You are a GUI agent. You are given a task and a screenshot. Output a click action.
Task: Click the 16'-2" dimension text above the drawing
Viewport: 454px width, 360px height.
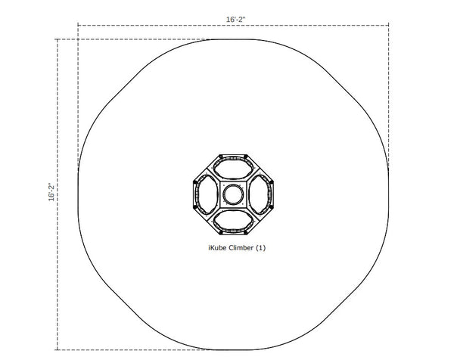pyautogui.click(x=235, y=20)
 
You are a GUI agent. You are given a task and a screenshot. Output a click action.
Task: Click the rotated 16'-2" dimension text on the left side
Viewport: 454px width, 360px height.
pyautogui.click(x=51, y=191)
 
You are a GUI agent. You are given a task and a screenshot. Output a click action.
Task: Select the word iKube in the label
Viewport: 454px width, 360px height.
pyautogui.click(x=217, y=248)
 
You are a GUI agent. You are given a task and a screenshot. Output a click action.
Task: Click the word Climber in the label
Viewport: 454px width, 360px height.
pyautogui.click(x=241, y=248)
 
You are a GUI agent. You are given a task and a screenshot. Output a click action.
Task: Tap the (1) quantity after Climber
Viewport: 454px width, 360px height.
pyautogui.click(x=260, y=248)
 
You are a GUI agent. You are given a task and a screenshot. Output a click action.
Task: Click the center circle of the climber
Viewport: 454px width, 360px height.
pyautogui.click(x=233, y=194)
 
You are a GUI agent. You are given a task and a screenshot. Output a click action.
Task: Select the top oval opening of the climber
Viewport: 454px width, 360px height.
pyautogui.click(x=233, y=169)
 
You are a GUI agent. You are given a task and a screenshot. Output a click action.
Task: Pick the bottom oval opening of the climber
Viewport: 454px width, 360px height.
pyautogui.click(x=233, y=220)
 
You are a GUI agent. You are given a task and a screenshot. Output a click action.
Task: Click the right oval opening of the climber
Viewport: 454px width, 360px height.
pyautogui.click(x=261, y=194)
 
